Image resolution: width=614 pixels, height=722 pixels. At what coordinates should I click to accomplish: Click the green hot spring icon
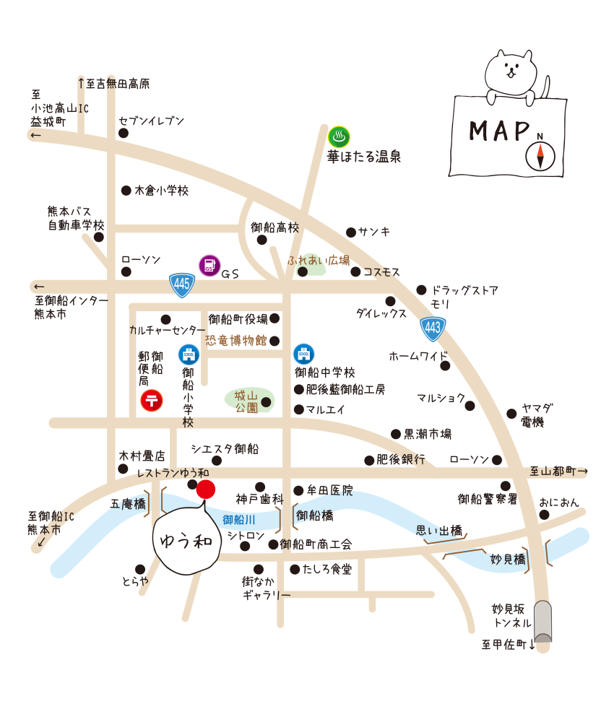coord(340,136)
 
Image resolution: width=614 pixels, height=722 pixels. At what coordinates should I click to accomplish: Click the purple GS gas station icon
coord(209,265)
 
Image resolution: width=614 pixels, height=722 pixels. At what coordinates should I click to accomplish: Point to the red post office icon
coord(152,400)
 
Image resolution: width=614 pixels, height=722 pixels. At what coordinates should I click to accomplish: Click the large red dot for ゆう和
coord(206,489)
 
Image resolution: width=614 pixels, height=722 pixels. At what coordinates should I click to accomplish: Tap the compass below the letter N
coord(540,156)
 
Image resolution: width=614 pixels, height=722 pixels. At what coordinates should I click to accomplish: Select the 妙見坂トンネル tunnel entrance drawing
coord(543,620)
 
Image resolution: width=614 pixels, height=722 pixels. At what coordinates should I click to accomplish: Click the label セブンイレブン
coord(152,121)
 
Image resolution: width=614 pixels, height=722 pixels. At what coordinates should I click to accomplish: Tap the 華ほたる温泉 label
coord(364,156)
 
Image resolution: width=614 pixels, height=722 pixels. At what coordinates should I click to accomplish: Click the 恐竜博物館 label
coord(236,340)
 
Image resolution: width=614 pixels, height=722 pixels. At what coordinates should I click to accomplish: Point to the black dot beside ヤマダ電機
coord(512,414)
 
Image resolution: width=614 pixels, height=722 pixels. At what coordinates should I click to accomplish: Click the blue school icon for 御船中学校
coord(303,355)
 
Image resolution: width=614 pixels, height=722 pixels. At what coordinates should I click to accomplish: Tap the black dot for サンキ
coord(351,232)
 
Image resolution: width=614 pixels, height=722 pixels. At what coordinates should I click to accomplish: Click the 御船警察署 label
coord(488,498)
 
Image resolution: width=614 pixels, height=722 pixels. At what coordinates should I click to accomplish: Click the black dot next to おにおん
coord(544,515)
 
